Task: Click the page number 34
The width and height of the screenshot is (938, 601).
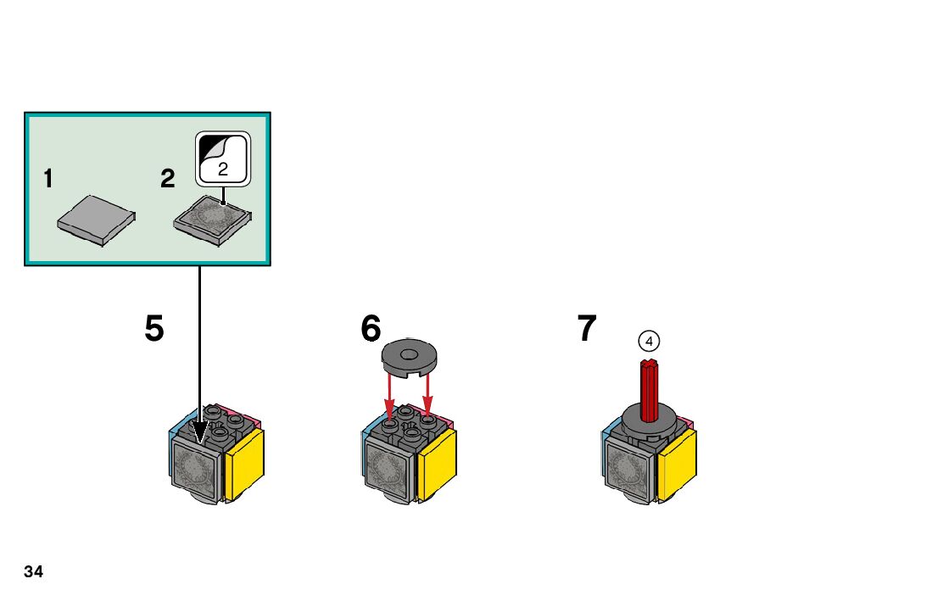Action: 33,572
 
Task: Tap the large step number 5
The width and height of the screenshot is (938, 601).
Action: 154,329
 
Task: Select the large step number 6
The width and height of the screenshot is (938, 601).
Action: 371,329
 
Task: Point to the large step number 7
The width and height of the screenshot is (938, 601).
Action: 587,329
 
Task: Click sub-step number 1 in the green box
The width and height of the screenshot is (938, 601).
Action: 48,179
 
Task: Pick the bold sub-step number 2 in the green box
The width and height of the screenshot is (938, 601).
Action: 167,179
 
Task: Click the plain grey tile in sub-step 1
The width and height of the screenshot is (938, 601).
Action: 96,220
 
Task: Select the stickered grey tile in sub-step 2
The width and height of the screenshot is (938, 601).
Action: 213,220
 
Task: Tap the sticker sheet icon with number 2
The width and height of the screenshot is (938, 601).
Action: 223,159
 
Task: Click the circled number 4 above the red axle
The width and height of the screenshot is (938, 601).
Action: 649,341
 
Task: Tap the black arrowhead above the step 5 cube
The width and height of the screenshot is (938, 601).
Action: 200,431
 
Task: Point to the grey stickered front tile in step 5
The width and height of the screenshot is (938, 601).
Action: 196,470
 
